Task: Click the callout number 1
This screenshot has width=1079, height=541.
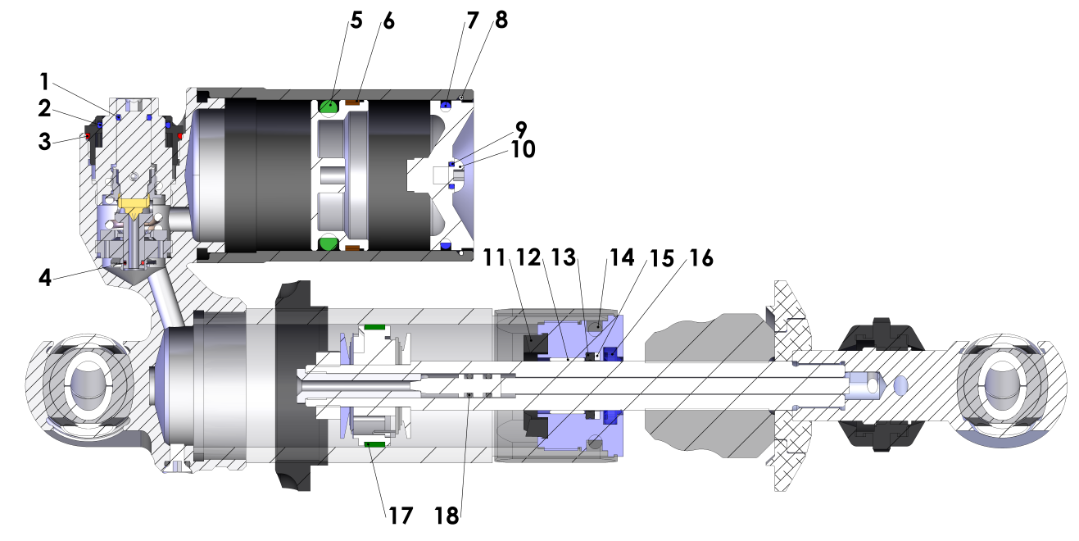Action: pos(44,81)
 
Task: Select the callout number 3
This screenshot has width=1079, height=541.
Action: pos(44,140)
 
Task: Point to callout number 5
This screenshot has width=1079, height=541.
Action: pos(356,20)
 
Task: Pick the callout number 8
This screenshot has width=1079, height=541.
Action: pos(501,20)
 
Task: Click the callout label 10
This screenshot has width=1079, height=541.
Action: pos(521,150)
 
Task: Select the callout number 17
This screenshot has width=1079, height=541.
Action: pos(400,516)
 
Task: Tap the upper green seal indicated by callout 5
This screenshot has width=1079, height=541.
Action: pos(329,106)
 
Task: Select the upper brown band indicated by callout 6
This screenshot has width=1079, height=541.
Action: pos(355,102)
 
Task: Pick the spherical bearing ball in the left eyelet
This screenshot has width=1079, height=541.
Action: pos(86,385)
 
